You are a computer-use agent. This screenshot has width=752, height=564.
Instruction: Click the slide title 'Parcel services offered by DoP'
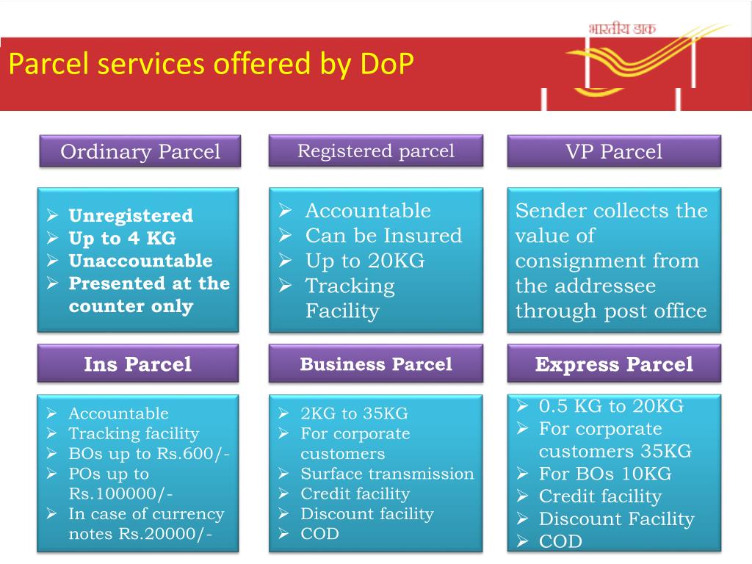click(x=211, y=65)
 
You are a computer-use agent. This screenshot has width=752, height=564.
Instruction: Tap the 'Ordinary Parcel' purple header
click(x=140, y=152)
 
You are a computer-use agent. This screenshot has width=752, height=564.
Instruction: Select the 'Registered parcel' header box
click(x=375, y=151)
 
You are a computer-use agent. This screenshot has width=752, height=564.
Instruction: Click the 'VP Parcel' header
click(x=614, y=152)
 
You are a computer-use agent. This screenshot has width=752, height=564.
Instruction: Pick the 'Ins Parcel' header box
click(x=138, y=364)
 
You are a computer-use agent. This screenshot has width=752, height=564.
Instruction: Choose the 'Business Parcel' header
click(x=375, y=364)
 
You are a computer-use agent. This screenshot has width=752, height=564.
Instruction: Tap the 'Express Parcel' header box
click(x=614, y=364)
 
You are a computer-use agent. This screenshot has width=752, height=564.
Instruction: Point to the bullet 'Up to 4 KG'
click(x=122, y=239)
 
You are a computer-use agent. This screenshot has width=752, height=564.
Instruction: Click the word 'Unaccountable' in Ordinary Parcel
click(x=140, y=261)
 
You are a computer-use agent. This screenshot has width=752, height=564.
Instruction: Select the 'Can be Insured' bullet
click(x=383, y=236)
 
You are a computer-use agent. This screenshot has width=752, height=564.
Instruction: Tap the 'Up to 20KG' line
click(x=365, y=261)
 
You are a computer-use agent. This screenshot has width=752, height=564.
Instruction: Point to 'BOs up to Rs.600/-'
click(x=149, y=454)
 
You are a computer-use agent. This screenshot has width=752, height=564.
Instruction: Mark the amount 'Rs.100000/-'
click(x=120, y=493)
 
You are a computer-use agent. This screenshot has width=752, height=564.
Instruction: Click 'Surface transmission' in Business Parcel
click(x=387, y=474)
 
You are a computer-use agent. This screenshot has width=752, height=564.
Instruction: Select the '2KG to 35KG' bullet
click(x=354, y=413)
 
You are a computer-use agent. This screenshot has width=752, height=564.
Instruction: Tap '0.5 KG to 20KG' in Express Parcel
click(x=611, y=406)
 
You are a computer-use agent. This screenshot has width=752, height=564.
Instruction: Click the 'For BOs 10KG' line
click(x=605, y=474)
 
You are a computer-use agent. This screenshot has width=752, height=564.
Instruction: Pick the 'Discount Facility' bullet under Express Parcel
click(x=616, y=519)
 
